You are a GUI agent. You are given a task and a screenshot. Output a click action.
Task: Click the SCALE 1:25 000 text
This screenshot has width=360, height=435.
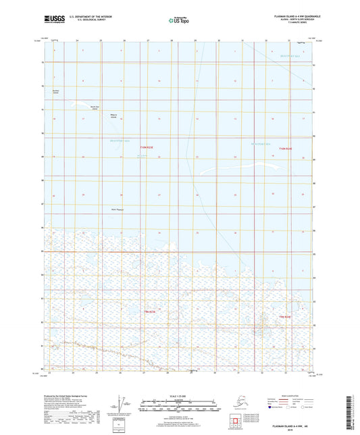click(x=179, y=395)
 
